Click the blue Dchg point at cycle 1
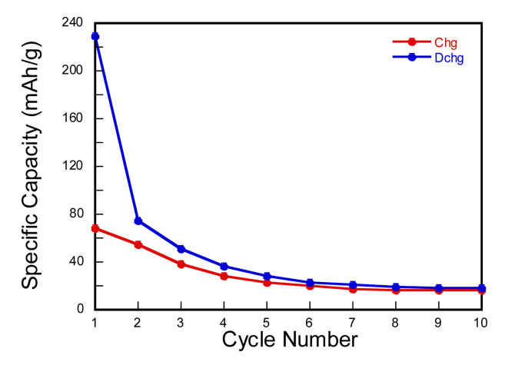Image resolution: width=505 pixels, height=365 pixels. [x=95, y=36]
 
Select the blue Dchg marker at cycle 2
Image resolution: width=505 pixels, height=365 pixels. [x=138, y=221]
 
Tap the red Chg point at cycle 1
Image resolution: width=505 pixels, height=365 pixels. [x=95, y=228]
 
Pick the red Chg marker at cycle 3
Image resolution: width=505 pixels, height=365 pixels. [x=181, y=264]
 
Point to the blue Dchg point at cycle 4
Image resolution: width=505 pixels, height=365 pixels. [x=224, y=266]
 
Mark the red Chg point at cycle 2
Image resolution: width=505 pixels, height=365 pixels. [x=138, y=244]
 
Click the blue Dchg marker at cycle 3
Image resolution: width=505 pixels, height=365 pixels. [x=181, y=249]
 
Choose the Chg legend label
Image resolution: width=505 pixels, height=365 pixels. [x=446, y=43]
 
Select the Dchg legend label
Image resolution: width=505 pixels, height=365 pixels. [x=449, y=58]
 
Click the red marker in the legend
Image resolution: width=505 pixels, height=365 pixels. [x=412, y=42]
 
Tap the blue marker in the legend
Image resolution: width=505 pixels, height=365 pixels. [x=412, y=57]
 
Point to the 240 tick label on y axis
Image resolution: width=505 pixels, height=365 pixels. [x=72, y=22]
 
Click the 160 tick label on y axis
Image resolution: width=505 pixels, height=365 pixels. [x=72, y=118]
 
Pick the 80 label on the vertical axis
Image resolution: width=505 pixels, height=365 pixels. [x=75, y=214]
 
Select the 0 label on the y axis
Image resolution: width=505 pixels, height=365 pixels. [x=79, y=309]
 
